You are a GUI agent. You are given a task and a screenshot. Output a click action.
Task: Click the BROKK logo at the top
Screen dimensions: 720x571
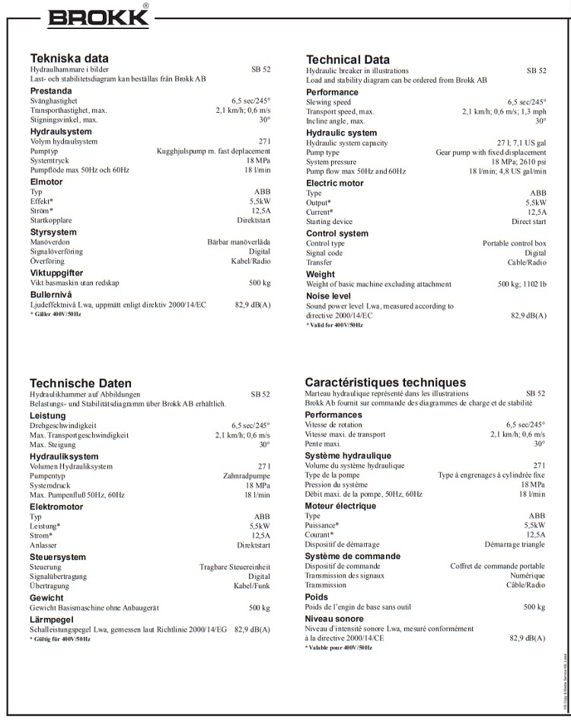click(x=100, y=17)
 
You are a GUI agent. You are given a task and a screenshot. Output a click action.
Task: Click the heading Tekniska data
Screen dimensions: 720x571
click(x=69, y=58)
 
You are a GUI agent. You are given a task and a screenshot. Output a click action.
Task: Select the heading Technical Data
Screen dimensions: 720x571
click(x=348, y=59)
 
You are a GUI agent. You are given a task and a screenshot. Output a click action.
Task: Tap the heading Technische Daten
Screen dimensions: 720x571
click(x=81, y=382)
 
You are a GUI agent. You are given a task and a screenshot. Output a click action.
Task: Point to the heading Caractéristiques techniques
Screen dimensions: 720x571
click(x=385, y=382)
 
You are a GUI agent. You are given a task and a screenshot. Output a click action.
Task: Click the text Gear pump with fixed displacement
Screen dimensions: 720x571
click(x=490, y=152)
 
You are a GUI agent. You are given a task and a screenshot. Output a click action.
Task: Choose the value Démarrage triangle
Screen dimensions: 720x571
click(x=515, y=545)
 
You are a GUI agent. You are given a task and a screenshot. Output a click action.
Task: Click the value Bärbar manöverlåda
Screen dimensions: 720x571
click(x=238, y=242)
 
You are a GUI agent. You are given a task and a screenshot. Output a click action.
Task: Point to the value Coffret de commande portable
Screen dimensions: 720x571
click(x=497, y=566)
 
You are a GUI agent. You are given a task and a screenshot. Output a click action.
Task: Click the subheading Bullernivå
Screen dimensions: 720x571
click(x=52, y=294)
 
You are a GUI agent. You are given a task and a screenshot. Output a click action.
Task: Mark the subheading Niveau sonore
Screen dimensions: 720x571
click(x=334, y=619)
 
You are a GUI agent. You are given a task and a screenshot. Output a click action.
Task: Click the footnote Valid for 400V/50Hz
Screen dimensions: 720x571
click(x=336, y=325)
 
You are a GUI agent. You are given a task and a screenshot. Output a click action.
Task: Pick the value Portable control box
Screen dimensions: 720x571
click(x=514, y=243)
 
